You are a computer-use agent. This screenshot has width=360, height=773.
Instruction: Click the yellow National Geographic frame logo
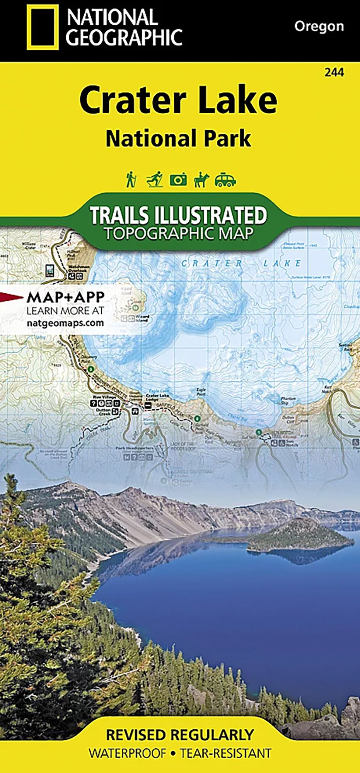(x=43, y=27)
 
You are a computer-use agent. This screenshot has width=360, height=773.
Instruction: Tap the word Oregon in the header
(x=319, y=26)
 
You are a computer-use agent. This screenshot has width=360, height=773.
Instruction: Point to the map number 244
(x=334, y=72)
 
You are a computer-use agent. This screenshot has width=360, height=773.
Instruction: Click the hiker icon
(x=131, y=180)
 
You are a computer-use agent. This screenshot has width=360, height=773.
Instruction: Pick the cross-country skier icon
(x=155, y=180)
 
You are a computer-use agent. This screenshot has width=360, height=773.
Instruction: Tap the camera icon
(x=178, y=180)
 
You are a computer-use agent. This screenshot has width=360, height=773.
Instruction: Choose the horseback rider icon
(x=201, y=180)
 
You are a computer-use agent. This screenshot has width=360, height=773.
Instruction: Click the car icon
(x=225, y=180)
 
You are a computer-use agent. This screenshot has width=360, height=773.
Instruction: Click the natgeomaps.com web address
(x=65, y=322)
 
